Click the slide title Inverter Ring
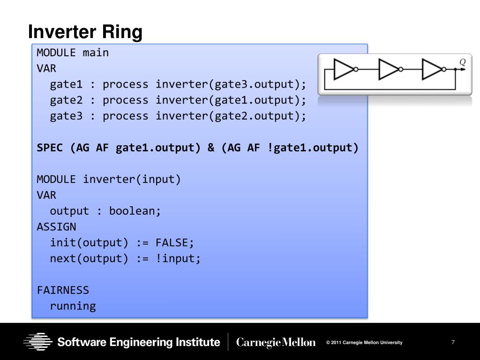[x=85, y=32]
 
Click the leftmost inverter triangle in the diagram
[x=344, y=69]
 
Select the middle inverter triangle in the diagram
[x=388, y=69]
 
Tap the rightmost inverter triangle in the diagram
[x=432, y=69]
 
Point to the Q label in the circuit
[x=462, y=62]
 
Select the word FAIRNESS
[x=63, y=290]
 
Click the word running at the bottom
[x=73, y=306]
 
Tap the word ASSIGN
[x=56, y=227]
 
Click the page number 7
[x=453, y=342]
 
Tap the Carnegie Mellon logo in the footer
[x=276, y=343]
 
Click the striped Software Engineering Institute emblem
[x=38, y=342]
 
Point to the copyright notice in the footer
[x=364, y=343]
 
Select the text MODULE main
[x=73, y=52]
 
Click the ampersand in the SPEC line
[x=211, y=148]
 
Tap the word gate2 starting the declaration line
[x=66, y=100]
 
